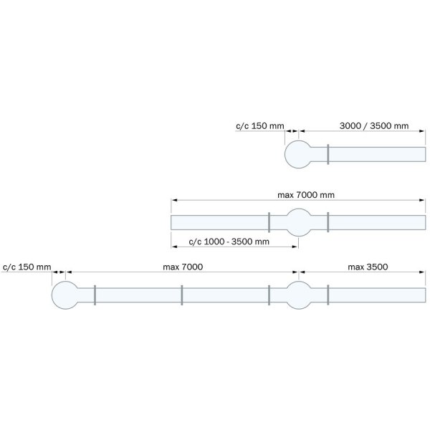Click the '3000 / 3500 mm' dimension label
(x=374, y=126)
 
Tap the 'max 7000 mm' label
(x=306, y=195)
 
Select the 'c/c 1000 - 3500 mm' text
(x=229, y=242)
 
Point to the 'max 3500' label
(x=368, y=267)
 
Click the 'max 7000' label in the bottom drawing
(x=183, y=267)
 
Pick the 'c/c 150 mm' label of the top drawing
(x=260, y=126)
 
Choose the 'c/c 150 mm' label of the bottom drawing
(x=27, y=267)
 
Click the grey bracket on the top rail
(x=328, y=154)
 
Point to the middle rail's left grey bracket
(x=269, y=222)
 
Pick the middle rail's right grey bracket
(x=328, y=222)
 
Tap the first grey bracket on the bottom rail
(x=95, y=295)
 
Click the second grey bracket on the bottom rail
(x=182, y=295)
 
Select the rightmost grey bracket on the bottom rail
(x=328, y=295)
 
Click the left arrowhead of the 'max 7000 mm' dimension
(x=174, y=200)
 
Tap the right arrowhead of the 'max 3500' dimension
(x=422, y=272)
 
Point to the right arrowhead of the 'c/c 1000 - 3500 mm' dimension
(x=295, y=247)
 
